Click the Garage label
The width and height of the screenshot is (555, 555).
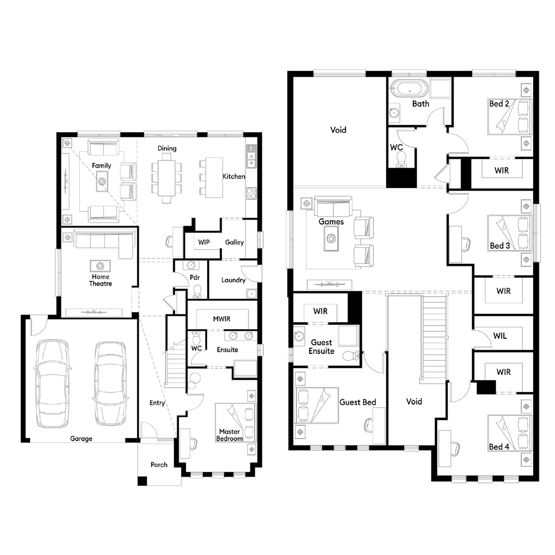(x=81, y=438)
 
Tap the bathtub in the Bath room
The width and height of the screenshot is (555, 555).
(x=410, y=88)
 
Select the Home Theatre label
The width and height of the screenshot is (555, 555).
(x=100, y=280)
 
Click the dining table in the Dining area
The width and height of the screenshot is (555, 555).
(x=166, y=178)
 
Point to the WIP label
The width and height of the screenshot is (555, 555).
(x=204, y=242)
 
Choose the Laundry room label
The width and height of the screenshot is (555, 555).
(x=233, y=280)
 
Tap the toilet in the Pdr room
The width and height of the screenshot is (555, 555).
(x=197, y=291)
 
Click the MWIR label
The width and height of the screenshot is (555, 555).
(x=222, y=319)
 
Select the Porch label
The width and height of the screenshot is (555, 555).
(x=159, y=465)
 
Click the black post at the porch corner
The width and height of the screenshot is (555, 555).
(x=142, y=481)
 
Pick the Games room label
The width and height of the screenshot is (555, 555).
(x=331, y=222)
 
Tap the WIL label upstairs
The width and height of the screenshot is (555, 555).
(x=500, y=336)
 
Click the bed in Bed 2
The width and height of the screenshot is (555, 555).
(x=509, y=117)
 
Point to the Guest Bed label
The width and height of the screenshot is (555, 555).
(x=358, y=402)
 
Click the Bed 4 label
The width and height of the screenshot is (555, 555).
(x=499, y=447)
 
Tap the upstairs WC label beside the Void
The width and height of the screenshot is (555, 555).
(x=396, y=147)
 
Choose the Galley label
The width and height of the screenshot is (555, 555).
(x=235, y=242)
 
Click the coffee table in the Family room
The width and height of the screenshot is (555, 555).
(x=102, y=182)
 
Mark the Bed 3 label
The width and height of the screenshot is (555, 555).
(x=500, y=246)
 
